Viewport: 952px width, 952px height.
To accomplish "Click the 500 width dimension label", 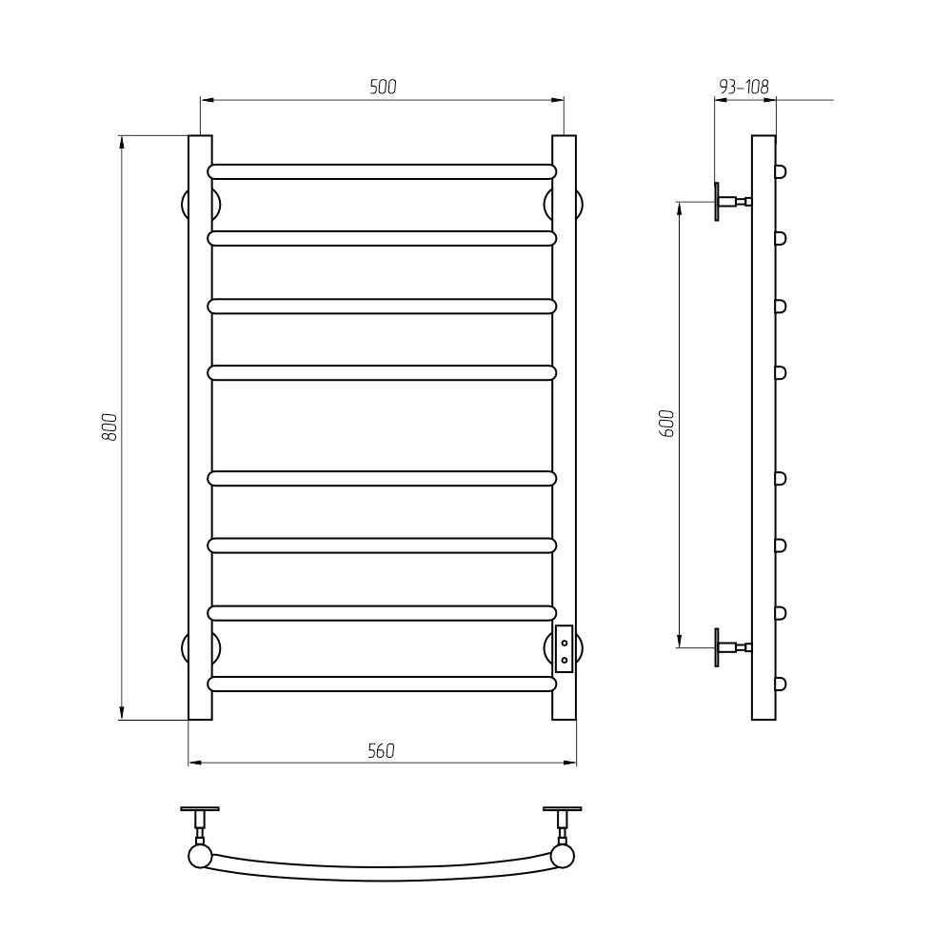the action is pyautogui.click(x=383, y=88).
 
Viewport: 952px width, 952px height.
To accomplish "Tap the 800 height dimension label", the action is pyautogui.click(x=109, y=426).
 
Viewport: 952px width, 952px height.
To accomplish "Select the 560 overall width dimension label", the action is pyautogui.click(x=382, y=751).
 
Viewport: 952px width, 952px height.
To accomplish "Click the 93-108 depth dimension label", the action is pyautogui.click(x=744, y=88).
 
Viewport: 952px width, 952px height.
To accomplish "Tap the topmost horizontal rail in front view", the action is pyautogui.click(x=382, y=171).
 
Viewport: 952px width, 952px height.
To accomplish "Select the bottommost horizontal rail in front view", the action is pyautogui.click(x=382, y=684).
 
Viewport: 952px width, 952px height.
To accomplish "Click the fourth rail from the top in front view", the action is pyautogui.click(x=382, y=373).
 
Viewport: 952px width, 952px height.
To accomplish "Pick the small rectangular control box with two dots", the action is pyautogui.click(x=564, y=649).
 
